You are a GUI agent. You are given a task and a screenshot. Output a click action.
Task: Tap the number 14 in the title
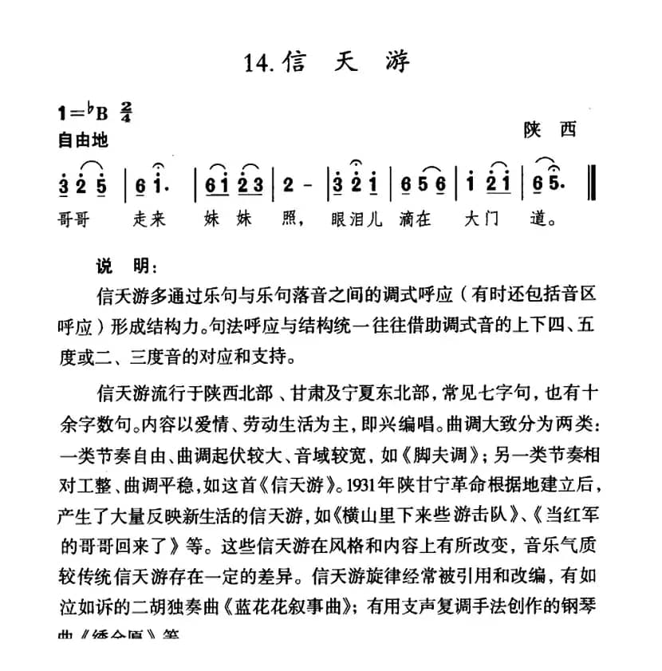[x=261, y=62]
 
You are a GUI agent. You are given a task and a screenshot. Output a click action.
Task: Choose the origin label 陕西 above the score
[x=549, y=129]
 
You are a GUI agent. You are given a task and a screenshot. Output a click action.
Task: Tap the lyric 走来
[x=149, y=217]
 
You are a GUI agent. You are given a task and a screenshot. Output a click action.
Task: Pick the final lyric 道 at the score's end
[x=542, y=217]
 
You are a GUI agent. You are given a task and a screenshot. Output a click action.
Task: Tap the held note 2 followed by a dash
[x=290, y=184]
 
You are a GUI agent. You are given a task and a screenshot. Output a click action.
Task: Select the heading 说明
[x=116, y=265]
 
